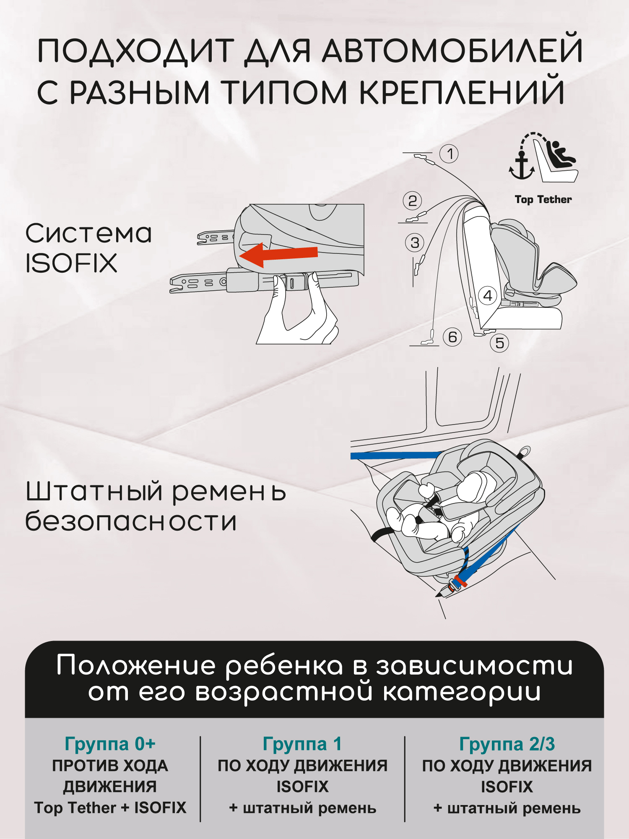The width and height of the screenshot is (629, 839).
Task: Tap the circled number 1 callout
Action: (x=449, y=154)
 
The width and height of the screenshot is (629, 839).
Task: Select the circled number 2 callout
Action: (x=412, y=201)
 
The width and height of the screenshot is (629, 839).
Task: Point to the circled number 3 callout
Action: (x=415, y=243)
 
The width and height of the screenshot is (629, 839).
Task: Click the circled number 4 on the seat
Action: (x=487, y=296)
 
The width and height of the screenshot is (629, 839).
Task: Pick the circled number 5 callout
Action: (x=499, y=343)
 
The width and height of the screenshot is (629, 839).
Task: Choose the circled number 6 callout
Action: (x=452, y=337)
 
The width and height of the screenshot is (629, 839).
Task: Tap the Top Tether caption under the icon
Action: (x=543, y=200)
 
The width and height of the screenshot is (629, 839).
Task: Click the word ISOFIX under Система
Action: (x=71, y=263)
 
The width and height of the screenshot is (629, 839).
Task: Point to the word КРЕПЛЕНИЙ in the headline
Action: (x=462, y=92)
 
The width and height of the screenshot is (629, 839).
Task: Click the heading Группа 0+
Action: (x=110, y=744)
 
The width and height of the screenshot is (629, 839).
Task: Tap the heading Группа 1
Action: (x=302, y=744)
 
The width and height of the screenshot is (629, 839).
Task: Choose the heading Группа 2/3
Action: (x=507, y=744)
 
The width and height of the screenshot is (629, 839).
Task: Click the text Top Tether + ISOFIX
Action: (x=110, y=808)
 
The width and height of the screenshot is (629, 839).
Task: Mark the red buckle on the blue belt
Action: (x=460, y=581)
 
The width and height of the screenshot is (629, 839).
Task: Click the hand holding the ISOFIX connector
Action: (x=298, y=313)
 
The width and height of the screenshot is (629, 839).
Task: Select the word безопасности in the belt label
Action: (x=131, y=521)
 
